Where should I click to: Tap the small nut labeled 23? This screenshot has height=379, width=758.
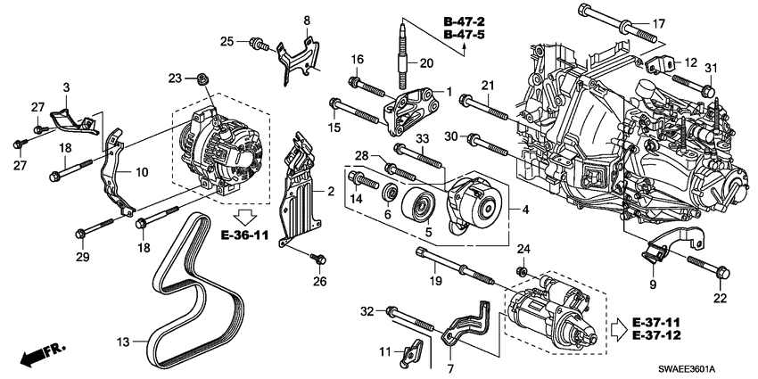click(x=204, y=79)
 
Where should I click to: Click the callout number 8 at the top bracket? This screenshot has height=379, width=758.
click(x=306, y=20)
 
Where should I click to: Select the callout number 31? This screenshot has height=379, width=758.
click(x=711, y=69)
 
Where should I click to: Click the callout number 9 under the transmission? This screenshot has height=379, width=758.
click(x=651, y=284)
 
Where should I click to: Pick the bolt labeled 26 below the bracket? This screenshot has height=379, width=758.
click(x=316, y=257)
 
